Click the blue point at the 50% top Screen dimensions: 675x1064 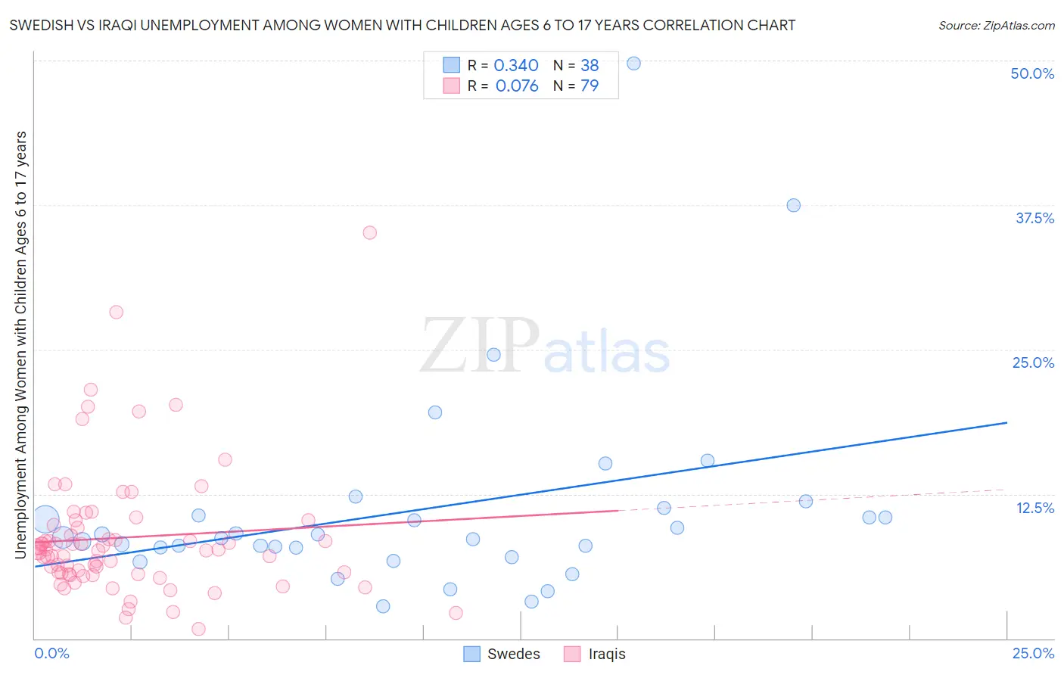click(634, 64)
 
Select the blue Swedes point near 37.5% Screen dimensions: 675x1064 click(793, 205)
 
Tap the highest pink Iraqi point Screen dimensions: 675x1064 click(369, 232)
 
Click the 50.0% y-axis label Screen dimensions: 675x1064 click(1032, 73)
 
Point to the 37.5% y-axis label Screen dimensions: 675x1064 click(1034, 218)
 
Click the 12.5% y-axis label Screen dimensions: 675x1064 click(1034, 508)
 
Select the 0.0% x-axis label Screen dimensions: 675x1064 click(51, 653)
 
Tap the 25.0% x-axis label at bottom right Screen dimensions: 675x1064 click(1033, 653)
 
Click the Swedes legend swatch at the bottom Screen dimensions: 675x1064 click(472, 654)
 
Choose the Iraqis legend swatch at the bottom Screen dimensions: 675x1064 click(572, 654)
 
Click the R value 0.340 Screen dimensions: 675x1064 click(516, 66)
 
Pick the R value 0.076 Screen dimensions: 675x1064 click(517, 86)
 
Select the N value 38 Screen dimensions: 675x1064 click(590, 66)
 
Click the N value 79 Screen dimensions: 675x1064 click(590, 86)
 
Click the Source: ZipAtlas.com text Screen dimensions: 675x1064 click(996, 25)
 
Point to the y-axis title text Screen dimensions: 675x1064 click(20, 345)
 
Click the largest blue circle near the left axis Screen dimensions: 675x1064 click(45, 520)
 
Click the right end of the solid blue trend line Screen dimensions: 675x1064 click(1006, 422)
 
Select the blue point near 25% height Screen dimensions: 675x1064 click(493, 354)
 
